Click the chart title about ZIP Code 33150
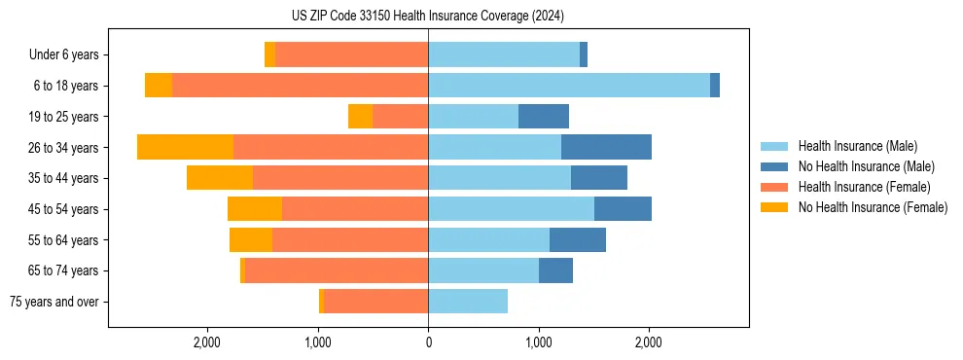(428, 17)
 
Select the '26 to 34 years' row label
(63, 148)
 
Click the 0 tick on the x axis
(428, 342)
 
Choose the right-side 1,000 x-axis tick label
(538, 342)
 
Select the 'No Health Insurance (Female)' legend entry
(873, 207)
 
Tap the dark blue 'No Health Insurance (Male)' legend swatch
(775, 166)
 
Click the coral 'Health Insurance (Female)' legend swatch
(775, 187)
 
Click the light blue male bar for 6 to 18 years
(569, 86)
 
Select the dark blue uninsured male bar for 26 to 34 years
(606, 147)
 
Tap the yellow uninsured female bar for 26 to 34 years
(185, 147)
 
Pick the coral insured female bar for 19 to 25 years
(400, 117)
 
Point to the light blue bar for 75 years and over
(468, 302)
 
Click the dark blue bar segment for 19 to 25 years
(544, 117)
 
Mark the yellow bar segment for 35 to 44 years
(220, 178)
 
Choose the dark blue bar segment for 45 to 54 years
(623, 209)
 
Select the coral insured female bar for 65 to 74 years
(337, 270)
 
